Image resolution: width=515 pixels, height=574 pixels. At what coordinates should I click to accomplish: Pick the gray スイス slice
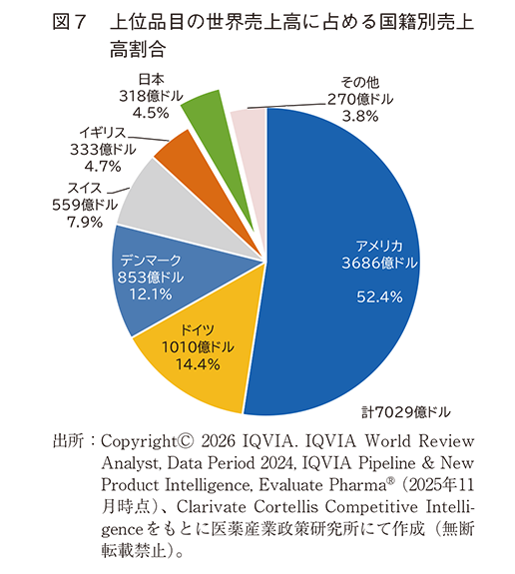tap(155, 195)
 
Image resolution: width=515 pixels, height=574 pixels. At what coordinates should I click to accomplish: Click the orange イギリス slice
tap(181, 152)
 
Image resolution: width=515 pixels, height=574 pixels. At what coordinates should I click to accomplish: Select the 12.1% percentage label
tap(147, 294)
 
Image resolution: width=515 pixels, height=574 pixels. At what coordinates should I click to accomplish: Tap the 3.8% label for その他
tap(359, 116)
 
